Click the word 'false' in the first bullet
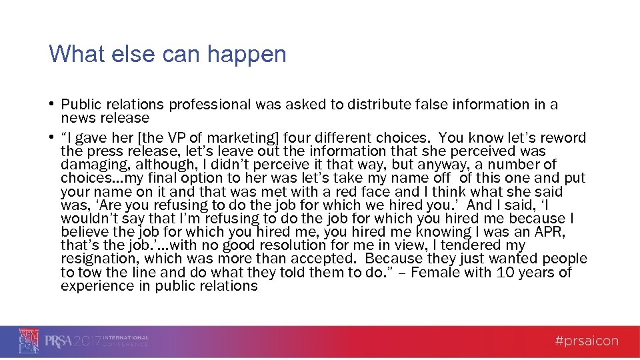(x=386, y=105)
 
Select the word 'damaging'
(x=88, y=165)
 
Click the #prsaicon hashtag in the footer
(x=587, y=341)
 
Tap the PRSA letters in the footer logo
(x=58, y=341)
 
